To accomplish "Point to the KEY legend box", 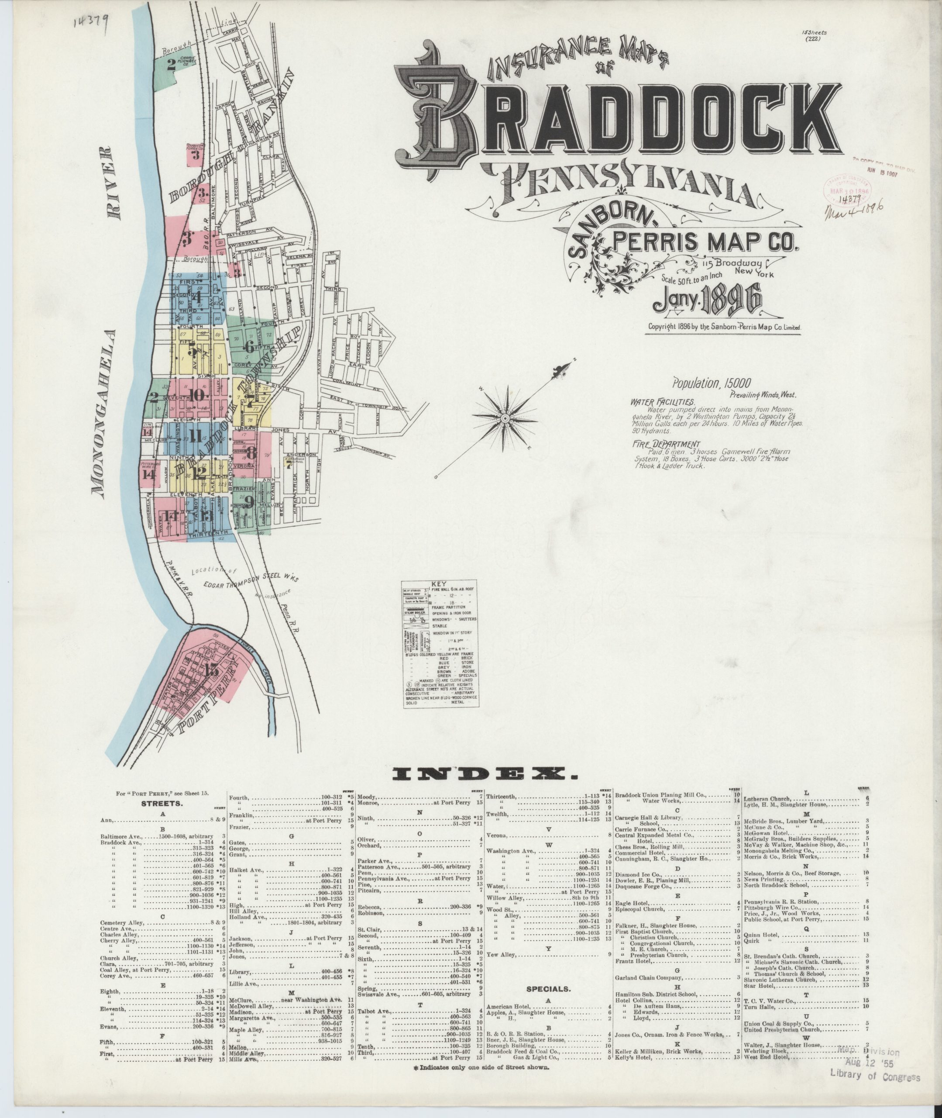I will click(440, 644).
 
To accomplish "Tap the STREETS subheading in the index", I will click(162, 803).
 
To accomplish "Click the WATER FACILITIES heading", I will click(662, 402).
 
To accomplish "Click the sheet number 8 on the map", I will click(251, 452).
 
